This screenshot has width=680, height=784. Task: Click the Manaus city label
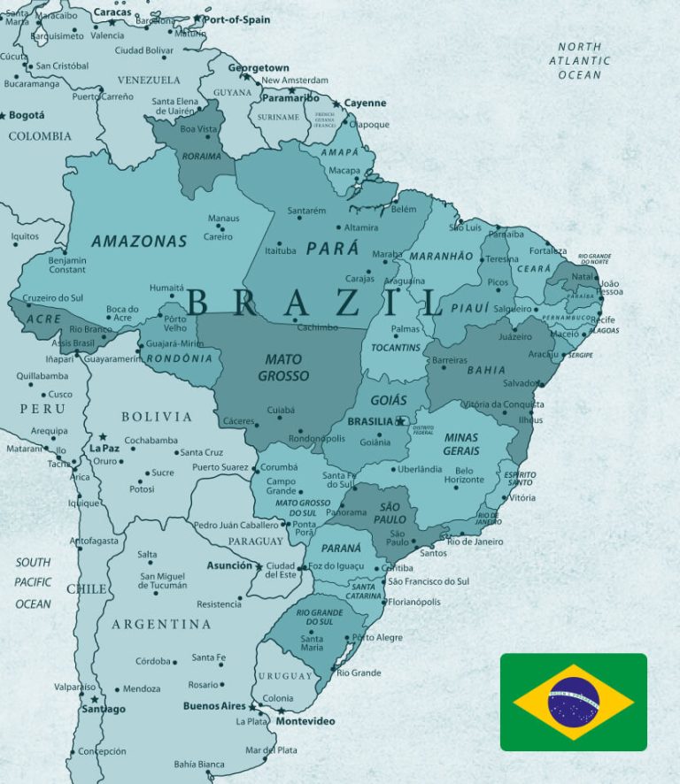coord(223,219)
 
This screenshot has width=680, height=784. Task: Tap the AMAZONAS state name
coord(139,241)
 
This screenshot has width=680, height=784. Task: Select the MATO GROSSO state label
coord(283,368)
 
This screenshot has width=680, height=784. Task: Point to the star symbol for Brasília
coord(400,421)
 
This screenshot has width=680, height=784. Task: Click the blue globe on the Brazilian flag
coord(573,701)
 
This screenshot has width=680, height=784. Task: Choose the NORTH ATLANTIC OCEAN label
coord(580,61)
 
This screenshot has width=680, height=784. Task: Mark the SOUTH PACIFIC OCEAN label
coord(33,583)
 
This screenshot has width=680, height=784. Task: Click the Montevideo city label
coord(305,721)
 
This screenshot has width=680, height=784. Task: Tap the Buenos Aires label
coord(213,706)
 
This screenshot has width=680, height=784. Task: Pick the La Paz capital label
coord(104,449)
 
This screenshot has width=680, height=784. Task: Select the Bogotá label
coord(27,115)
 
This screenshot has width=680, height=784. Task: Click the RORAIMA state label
coord(201,157)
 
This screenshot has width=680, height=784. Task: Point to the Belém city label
coord(404,209)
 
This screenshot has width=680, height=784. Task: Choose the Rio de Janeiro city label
coord(475,542)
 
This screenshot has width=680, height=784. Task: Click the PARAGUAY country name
coord(255,541)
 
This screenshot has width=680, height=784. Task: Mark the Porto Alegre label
coord(377,637)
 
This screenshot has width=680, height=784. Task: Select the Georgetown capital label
coord(259,68)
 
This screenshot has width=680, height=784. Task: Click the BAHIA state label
coord(487,370)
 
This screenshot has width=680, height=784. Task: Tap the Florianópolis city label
coord(413,602)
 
